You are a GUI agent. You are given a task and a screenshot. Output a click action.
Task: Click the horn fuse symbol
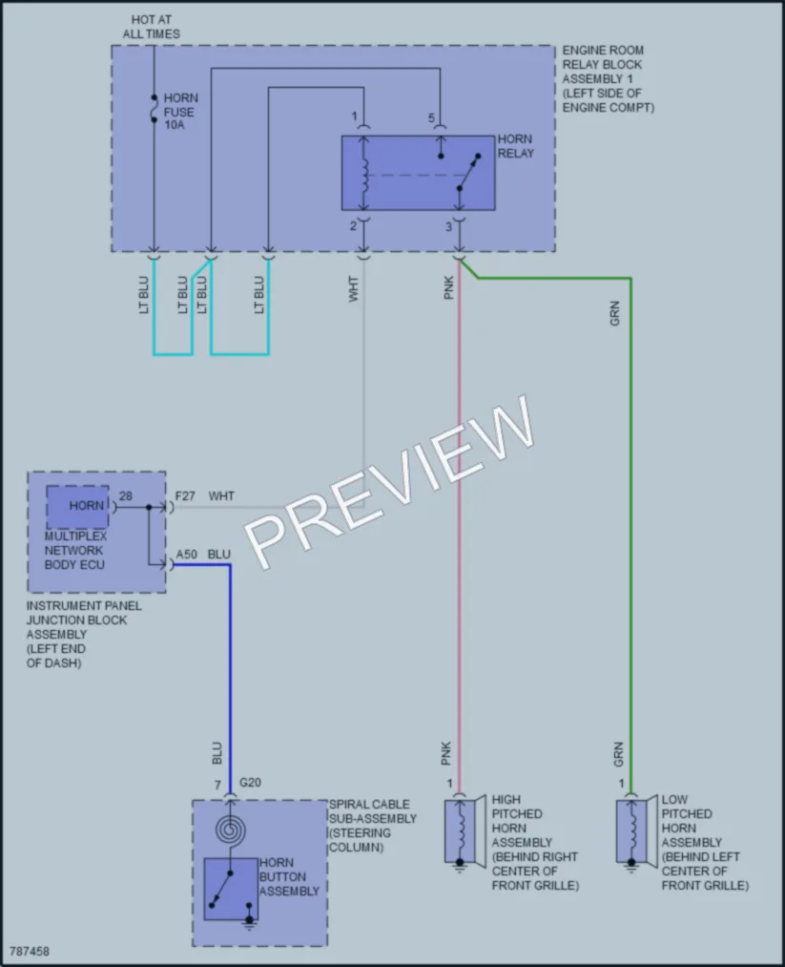tap(154, 109)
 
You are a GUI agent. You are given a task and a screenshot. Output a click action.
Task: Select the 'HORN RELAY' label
tap(515, 146)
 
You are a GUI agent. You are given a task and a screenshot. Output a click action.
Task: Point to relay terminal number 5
tap(431, 117)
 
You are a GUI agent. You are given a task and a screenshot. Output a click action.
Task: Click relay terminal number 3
tap(448, 227)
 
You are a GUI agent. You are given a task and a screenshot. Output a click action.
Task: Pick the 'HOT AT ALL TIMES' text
tap(152, 27)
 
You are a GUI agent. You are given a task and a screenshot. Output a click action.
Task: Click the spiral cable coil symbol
tap(231, 830)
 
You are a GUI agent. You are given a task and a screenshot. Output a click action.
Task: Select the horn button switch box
tap(231, 889)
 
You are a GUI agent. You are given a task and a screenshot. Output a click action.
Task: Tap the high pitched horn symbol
tap(465, 832)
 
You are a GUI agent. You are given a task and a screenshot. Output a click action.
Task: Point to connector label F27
tap(185, 495)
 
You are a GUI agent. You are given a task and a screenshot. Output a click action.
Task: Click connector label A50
tap(187, 555)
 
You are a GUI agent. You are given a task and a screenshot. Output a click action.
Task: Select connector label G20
tap(250, 783)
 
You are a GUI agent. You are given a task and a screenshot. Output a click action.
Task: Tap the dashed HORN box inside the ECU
tap(77, 507)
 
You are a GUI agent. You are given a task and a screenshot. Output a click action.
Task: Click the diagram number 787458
tap(29, 951)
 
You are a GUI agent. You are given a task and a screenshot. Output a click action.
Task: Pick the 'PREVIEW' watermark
tap(389, 482)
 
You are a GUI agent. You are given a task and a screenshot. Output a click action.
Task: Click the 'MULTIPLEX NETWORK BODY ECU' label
tap(75, 551)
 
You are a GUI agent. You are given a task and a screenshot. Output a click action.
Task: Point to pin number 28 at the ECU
tap(125, 495)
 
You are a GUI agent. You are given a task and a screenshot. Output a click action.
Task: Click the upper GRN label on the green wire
tap(614, 313)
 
